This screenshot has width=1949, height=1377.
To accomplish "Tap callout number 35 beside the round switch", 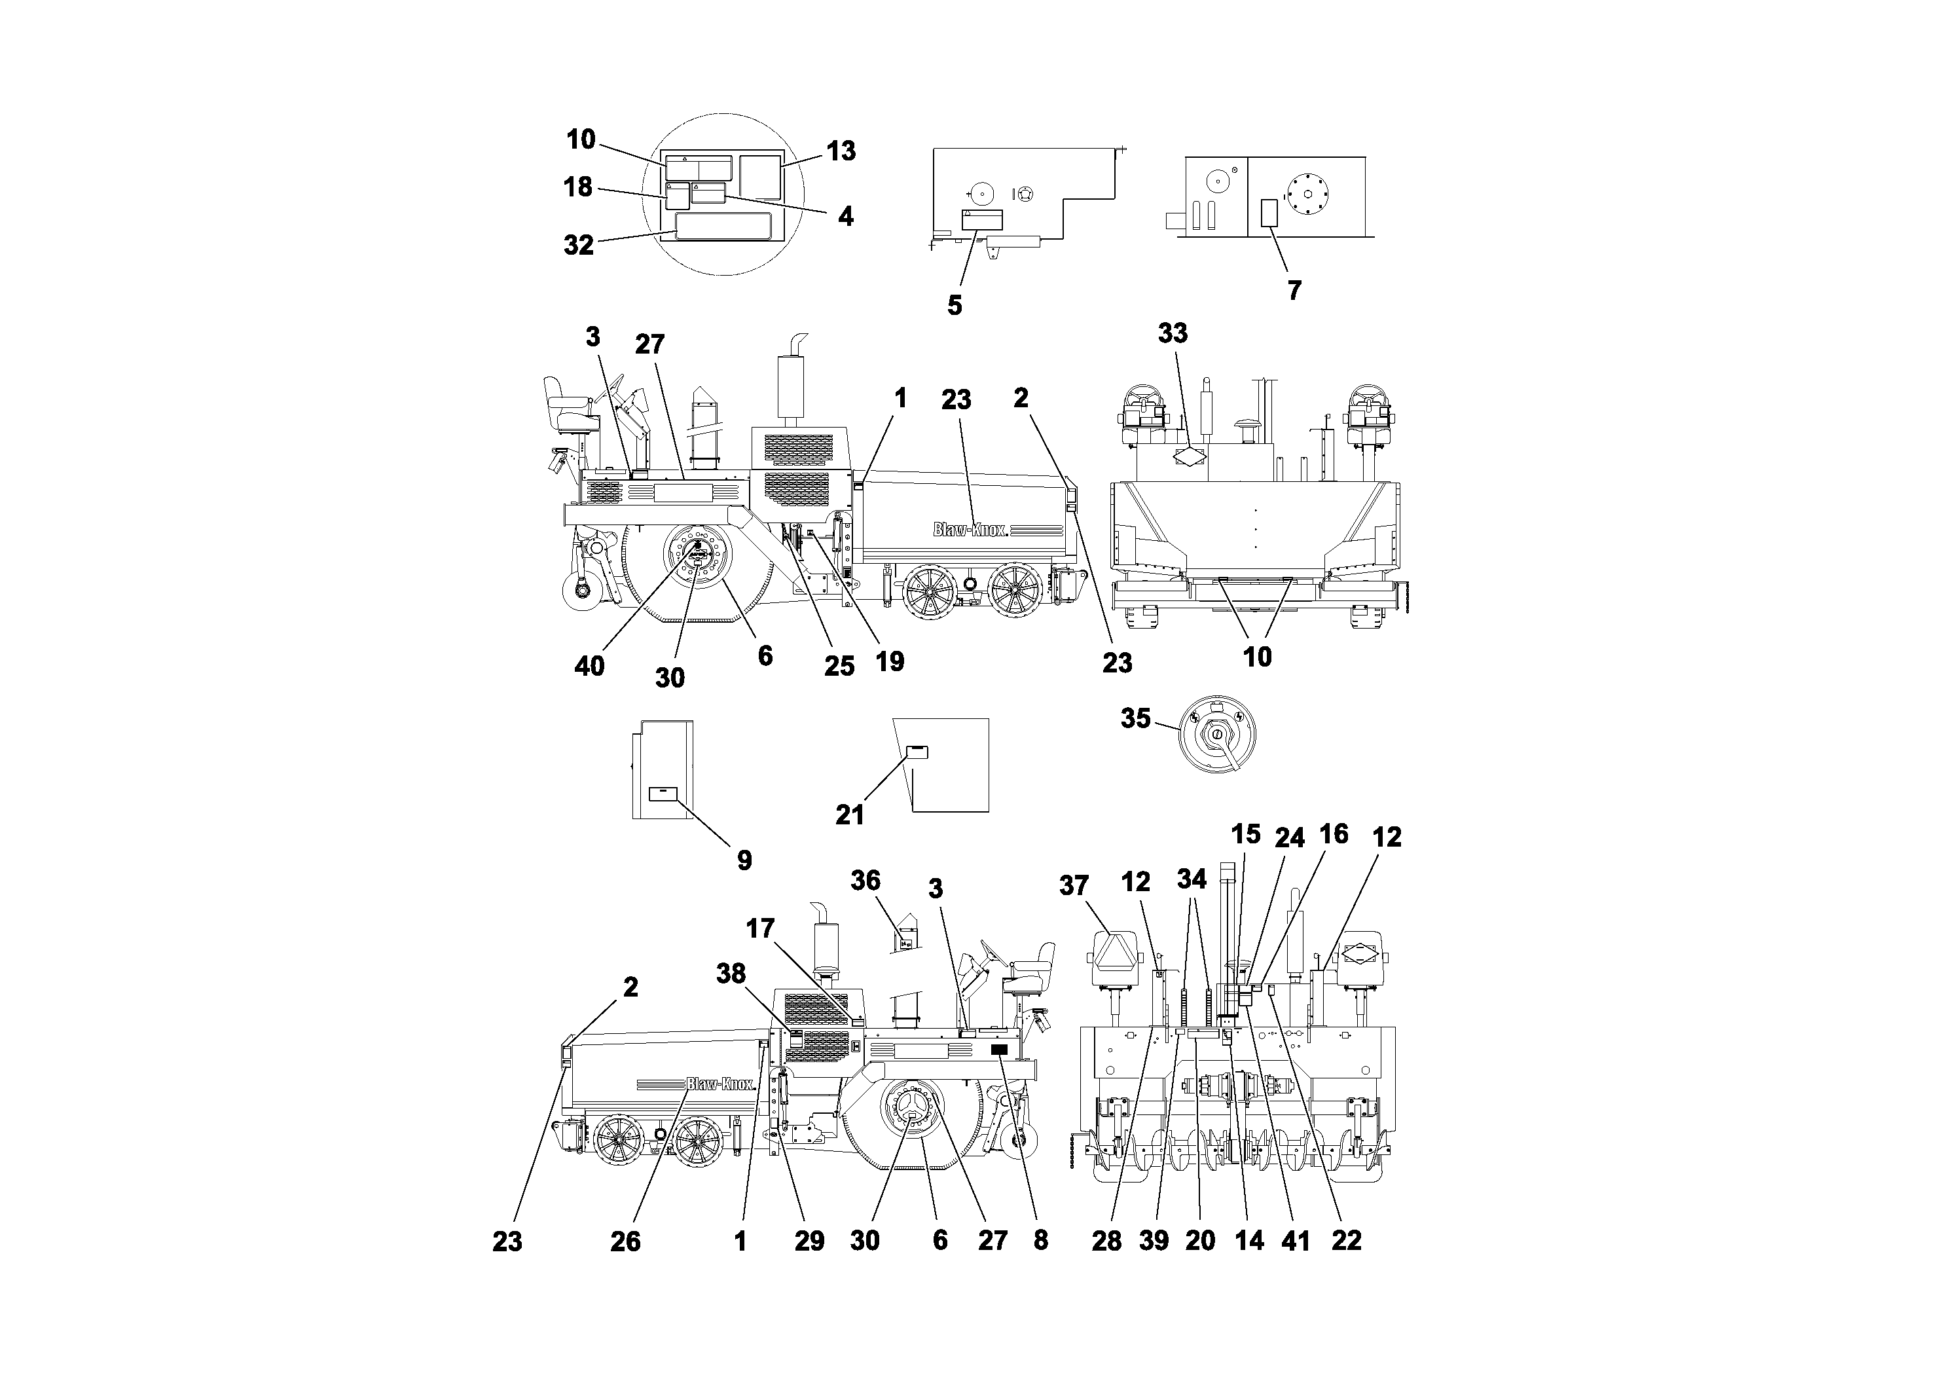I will click(1136, 718).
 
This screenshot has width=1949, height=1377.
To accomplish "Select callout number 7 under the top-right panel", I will click(1294, 290).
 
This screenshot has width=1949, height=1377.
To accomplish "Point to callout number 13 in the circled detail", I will click(841, 151).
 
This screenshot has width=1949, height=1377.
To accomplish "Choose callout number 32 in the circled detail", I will click(579, 246).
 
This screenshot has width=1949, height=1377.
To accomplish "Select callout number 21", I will click(850, 815).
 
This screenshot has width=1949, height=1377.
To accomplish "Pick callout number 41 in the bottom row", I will click(1296, 1241).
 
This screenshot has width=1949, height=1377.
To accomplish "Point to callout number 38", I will click(731, 973).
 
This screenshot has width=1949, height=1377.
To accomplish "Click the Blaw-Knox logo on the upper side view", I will click(970, 530).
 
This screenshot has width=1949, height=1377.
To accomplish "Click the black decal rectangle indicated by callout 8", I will click(999, 1050).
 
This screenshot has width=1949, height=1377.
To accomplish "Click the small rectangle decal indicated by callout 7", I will click(1269, 213).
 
